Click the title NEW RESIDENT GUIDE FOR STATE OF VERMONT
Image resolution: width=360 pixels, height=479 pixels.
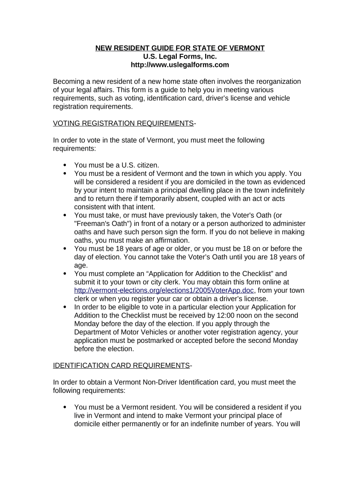(180, 48)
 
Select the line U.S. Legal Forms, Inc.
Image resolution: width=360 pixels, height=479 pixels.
(180, 57)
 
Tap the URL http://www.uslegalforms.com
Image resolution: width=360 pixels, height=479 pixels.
(180, 65)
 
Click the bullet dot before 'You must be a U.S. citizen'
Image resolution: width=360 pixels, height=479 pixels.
(65, 165)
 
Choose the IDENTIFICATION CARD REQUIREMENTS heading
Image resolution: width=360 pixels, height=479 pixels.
(121, 365)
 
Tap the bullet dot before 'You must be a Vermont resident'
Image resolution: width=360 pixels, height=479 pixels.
(65, 407)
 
